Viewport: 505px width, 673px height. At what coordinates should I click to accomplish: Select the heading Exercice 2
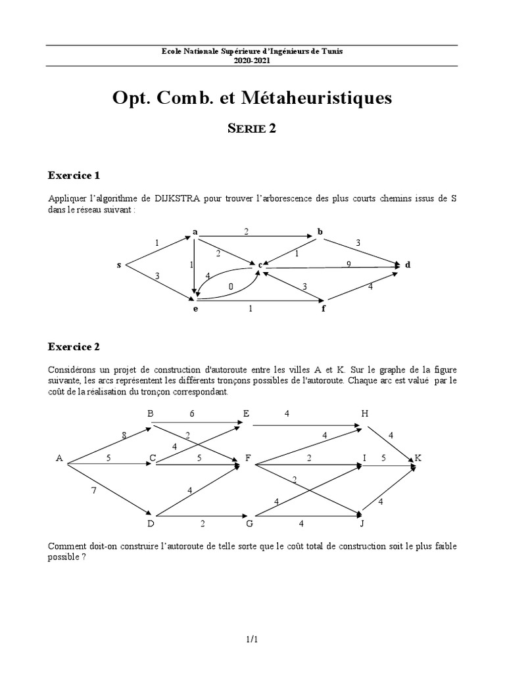click(74, 346)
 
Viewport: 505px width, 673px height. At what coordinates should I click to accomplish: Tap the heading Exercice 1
click(74, 175)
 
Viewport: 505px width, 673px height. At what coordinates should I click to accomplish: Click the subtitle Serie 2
click(252, 129)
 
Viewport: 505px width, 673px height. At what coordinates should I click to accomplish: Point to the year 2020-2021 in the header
click(252, 59)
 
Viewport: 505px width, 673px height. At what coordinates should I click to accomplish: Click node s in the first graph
click(119, 265)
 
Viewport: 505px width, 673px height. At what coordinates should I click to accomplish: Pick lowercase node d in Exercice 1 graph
click(408, 265)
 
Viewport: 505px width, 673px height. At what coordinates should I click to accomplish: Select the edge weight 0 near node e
click(231, 286)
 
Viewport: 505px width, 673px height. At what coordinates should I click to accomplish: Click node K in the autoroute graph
click(417, 457)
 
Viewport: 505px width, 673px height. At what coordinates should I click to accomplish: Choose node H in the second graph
click(365, 413)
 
